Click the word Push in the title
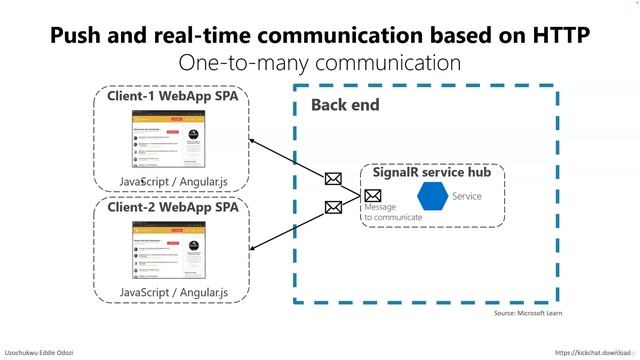(x=77, y=36)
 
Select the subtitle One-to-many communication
(x=319, y=63)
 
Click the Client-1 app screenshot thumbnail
(x=169, y=140)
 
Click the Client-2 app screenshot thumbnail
(x=169, y=250)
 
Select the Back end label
(x=345, y=105)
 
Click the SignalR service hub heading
(x=431, y=172)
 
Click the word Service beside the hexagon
(x=467, y=196)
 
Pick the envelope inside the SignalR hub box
(x=373, y=195)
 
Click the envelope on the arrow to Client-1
(x=334, y=179)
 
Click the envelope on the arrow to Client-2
(x=334, y=208)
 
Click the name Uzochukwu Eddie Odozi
(x=39, y=353)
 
